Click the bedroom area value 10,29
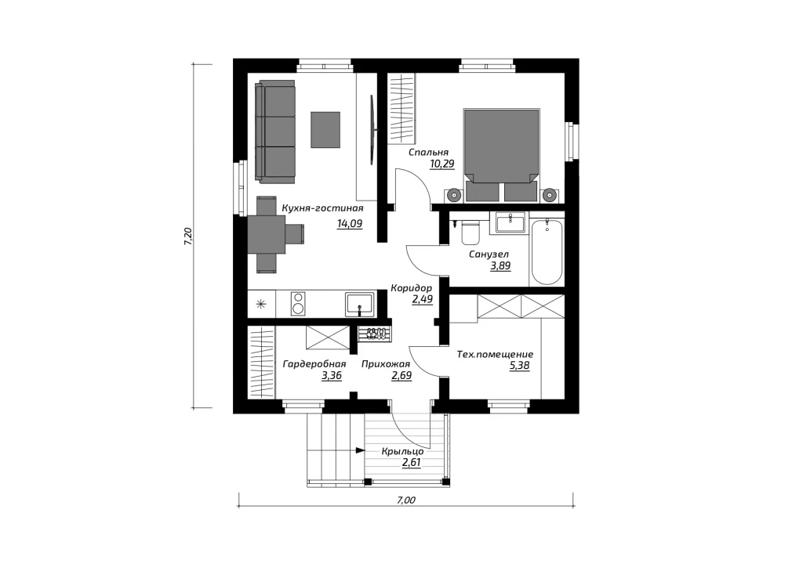[x=442, y=164]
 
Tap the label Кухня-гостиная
[x=322, y=208]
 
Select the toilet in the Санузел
[x=471, y=233]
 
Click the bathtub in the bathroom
[x=547, y=251]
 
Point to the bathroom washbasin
[x=510, y=222]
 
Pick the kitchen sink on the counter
[x=359, y=304]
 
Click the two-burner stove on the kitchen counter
[x=297, y=304]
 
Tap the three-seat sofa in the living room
[x=275, y=132]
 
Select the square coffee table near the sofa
[x=325, y=130]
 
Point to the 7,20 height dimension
[x=188, y=237]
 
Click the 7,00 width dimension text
[x=406, y=500]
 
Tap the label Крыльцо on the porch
[x=402, y=451]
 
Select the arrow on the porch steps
[x=360, y=450]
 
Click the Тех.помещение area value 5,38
[x=519, y=366]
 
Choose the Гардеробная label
[x=314, y=364]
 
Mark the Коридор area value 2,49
[x=423, y=300]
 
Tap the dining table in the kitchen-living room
[x=267, y=234]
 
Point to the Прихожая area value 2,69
[x=401, y=376]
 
